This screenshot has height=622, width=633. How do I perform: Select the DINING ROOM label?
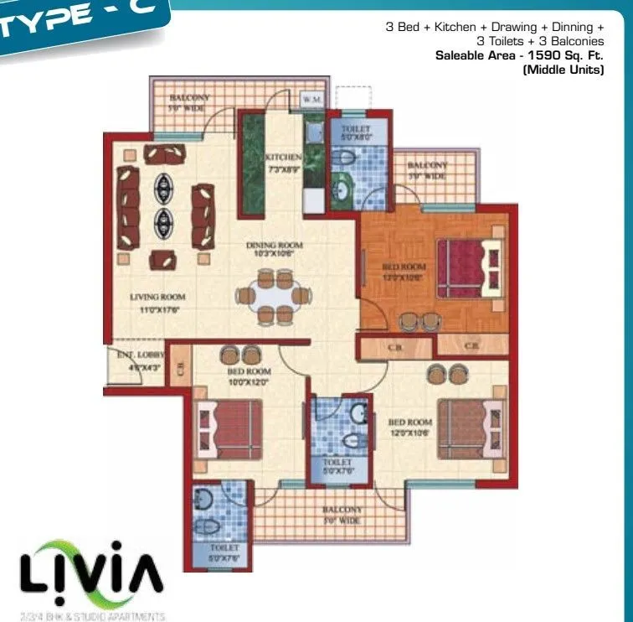pyautogui.click(x=274, y=246)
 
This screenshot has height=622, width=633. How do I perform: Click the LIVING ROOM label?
pyautogui.click(x=157, y=297)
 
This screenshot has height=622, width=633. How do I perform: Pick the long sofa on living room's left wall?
pyautogui.click(x=127, y=207)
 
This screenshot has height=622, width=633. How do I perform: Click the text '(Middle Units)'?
pyautogui.click(x=563, y=70)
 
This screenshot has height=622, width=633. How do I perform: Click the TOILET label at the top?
pyautogui.click(x=356, y=132)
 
